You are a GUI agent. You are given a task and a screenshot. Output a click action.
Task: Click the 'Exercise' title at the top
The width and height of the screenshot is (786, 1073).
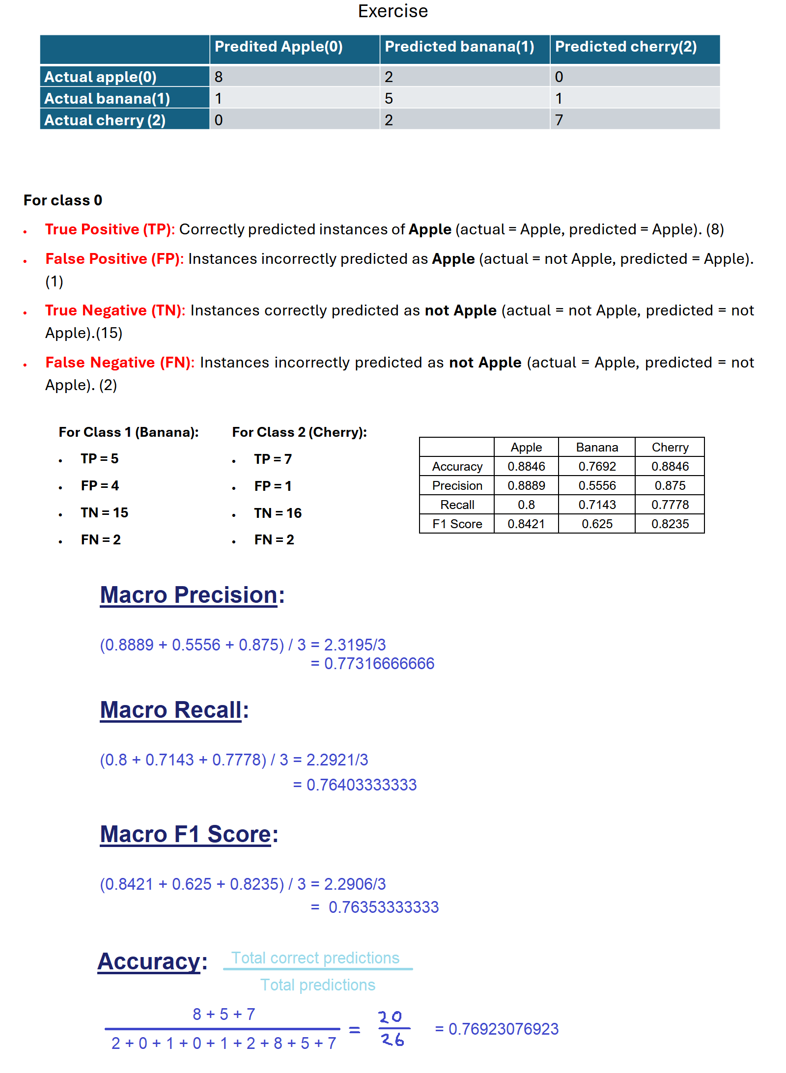point(393,11)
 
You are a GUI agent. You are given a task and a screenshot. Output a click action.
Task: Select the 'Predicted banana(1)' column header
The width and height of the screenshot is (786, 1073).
point(459,47)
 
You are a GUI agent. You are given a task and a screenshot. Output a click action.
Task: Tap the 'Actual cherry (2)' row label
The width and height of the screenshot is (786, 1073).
point(105,120)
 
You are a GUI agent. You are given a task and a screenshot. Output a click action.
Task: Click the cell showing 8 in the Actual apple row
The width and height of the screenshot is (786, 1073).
point(219,77)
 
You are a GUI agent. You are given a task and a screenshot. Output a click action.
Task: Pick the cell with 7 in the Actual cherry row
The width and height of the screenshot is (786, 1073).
point(559,120)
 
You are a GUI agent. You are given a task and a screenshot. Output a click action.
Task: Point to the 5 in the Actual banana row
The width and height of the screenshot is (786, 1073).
point(389,98)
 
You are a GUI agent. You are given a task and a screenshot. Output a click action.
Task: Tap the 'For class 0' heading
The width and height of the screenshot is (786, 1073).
point(63,200)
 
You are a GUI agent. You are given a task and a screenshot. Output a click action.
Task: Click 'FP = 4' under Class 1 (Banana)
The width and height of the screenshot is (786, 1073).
point(100,486)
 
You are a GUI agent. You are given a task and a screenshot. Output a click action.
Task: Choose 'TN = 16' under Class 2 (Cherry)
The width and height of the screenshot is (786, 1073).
point(278,513)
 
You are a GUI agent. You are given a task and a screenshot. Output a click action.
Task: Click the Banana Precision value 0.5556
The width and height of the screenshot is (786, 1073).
point(597,486)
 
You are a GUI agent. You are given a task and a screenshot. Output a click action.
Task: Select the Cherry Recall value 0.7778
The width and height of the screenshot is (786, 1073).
point(670,505)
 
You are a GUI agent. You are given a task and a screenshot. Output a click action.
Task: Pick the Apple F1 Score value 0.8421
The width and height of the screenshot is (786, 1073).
point(526,524)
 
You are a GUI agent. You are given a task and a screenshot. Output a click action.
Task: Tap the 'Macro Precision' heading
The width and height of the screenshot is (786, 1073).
point(189,595)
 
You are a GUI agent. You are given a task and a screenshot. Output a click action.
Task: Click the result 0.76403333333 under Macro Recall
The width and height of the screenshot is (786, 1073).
point(361,785)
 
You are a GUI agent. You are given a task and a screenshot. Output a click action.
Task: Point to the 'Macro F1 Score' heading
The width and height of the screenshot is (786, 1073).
point(186,834)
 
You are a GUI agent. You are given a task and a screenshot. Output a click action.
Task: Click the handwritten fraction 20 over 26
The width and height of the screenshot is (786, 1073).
point(392,1029)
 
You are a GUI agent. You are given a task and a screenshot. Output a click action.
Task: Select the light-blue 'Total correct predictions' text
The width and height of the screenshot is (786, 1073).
point(315,958)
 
